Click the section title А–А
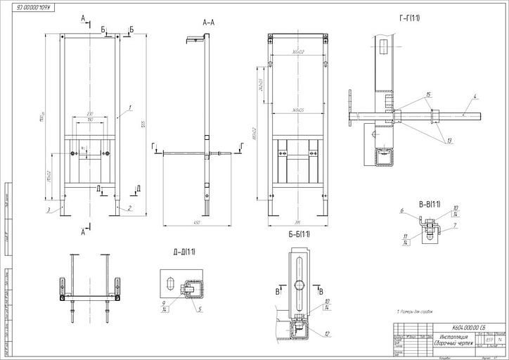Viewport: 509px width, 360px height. pos(209,22)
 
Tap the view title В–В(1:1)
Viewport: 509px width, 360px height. pos(429,204)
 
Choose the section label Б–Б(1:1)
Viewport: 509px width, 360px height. pos(299,233)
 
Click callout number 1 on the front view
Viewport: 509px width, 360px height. pos(131,109)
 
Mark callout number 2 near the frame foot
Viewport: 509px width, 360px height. pos(129,208)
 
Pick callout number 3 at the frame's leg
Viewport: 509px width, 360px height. pos(49,210)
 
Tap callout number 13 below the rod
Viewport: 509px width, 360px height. pos(448,141)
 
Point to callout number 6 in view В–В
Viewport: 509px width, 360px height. pos(401,210)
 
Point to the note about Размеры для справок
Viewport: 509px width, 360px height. pos(415,310)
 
